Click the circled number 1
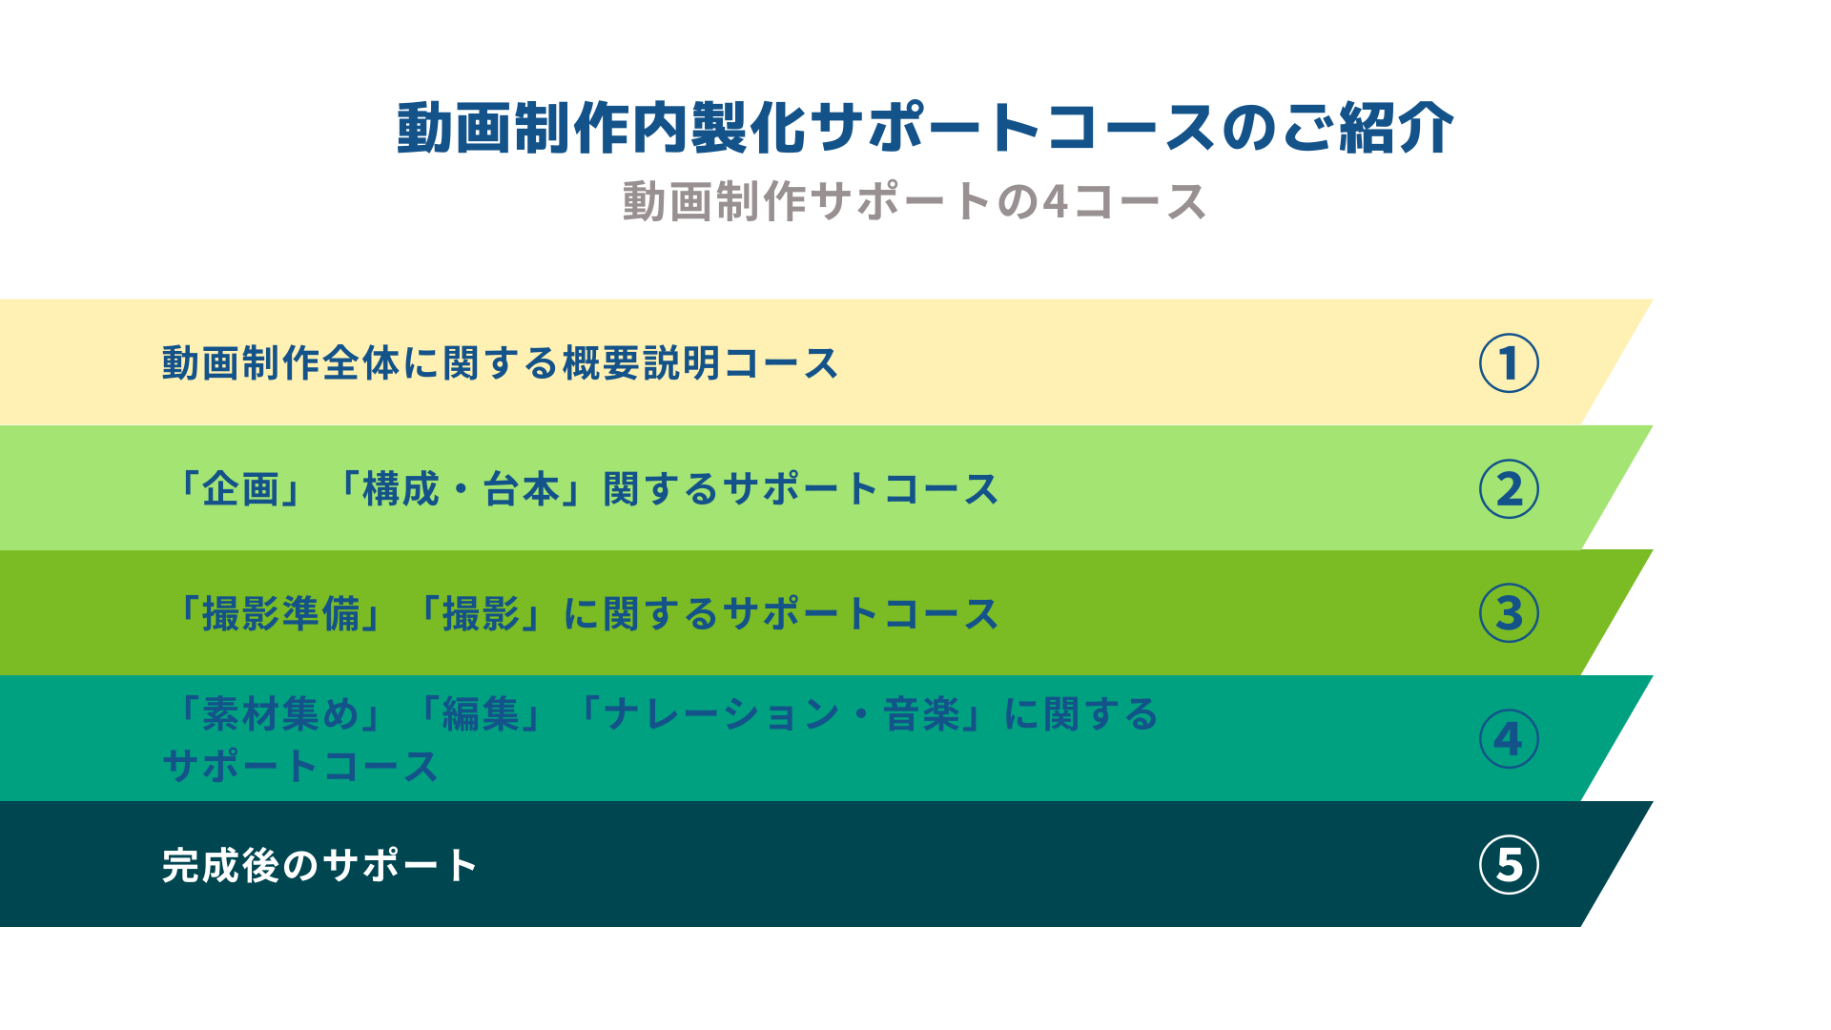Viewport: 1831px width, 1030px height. (1509, 363)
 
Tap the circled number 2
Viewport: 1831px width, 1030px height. (1509, 489)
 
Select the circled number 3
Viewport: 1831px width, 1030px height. (1509, 613)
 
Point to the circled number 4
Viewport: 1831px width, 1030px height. (1509, 739)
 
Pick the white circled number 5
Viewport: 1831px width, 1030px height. (1509, 865)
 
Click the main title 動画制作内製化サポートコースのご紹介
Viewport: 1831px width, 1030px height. (925, 128)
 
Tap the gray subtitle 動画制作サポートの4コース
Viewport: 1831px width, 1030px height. (915, 202)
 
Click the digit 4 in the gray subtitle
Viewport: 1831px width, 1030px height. (1056, 202)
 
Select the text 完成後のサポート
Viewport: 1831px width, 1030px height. (319, 865)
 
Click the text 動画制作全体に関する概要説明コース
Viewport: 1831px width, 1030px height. (500, 363)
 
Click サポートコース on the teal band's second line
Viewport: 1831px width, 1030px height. (300, 766)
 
